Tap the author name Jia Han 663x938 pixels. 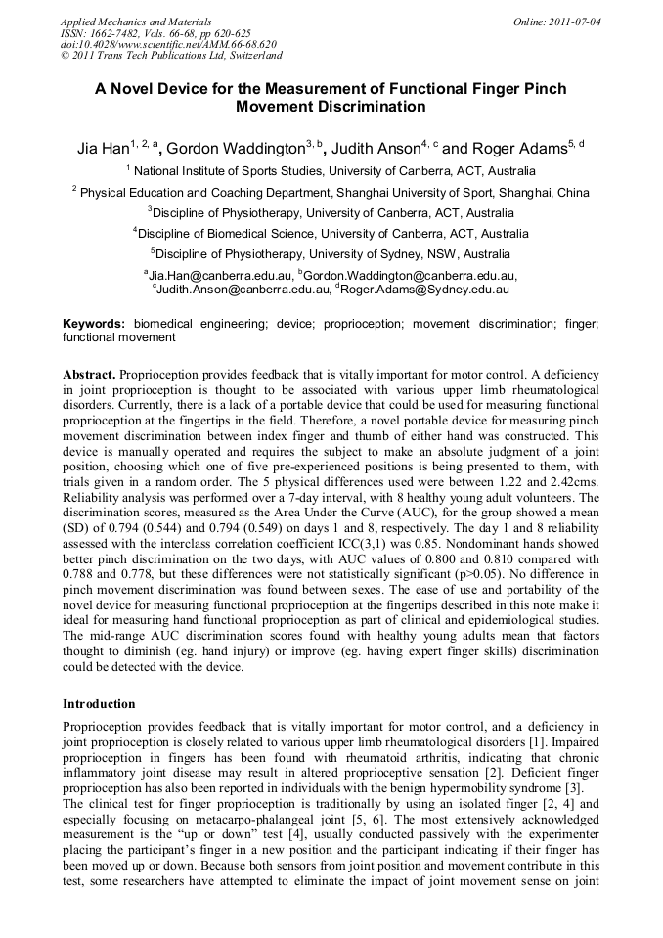click(104, 150)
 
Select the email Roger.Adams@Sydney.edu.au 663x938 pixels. click(425, 290)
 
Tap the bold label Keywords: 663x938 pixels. click(94, 323)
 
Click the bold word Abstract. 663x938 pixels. click(90, 375)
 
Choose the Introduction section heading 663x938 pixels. click(99, 704)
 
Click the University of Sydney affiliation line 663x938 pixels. click(331, 254)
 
